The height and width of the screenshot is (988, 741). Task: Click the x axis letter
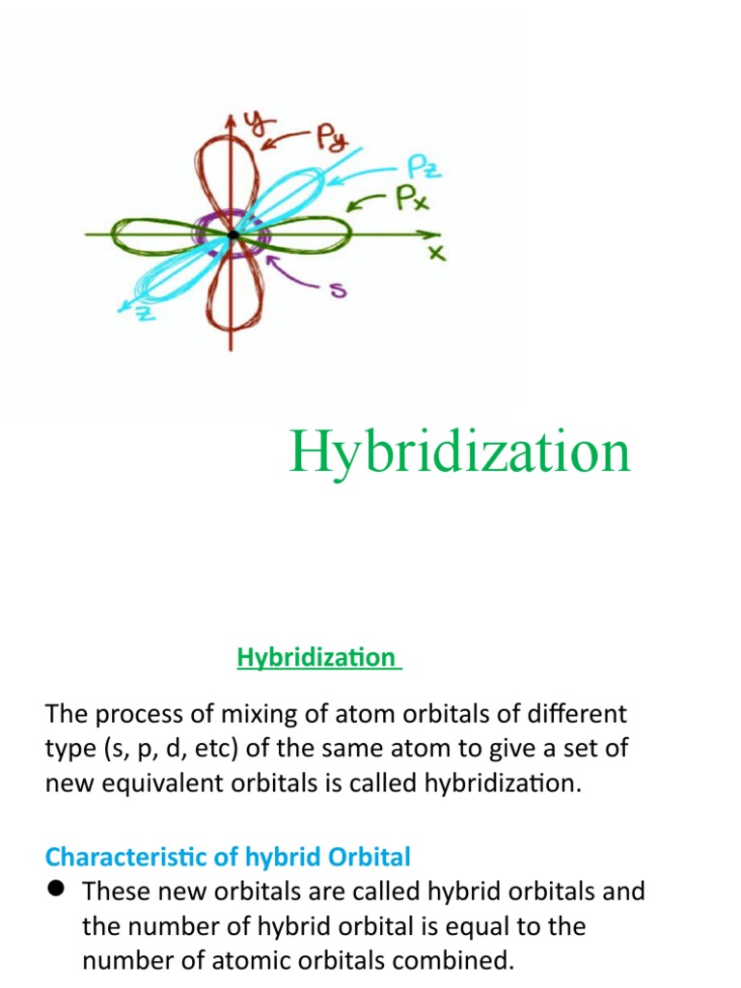point(436,254)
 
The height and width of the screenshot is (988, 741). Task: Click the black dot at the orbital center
point(233,234)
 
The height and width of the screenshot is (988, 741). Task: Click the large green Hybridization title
point(459,452)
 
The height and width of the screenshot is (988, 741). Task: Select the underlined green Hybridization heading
point(316,658)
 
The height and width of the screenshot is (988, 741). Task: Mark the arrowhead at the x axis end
point(425,234)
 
